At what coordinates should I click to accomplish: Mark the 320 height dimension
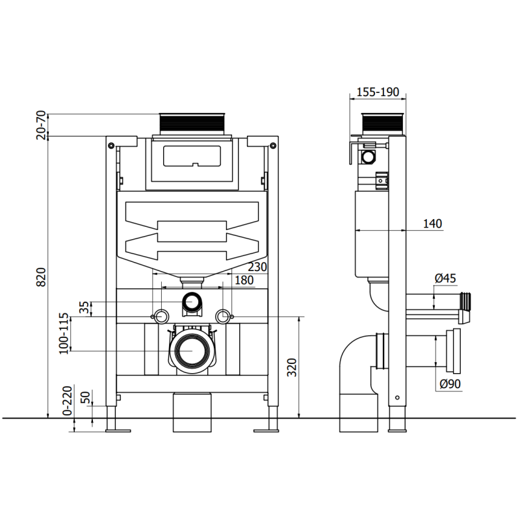click(292, 368)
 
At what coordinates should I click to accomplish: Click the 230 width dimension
click(257, 266)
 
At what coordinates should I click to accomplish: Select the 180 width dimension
click(244, 279)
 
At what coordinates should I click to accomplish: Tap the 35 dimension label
click(83, 307)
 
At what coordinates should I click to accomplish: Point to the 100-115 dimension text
click(64, 334)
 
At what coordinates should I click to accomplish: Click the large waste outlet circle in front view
click(191, 351)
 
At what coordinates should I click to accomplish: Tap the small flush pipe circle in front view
click(191, 302)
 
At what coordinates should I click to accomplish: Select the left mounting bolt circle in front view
click(161, 316)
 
